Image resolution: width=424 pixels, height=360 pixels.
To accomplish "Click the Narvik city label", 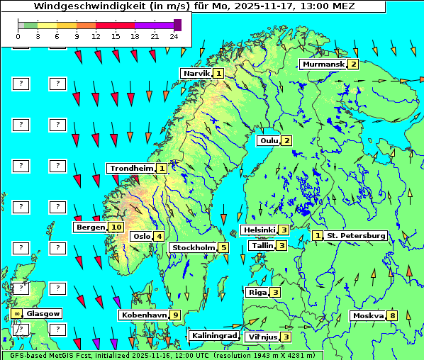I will [196, 73].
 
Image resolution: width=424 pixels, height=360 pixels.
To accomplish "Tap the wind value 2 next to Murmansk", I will [352, 64].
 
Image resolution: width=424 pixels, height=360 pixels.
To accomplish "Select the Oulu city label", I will [269, 140].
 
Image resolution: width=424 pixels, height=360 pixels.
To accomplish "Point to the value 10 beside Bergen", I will [116, 227].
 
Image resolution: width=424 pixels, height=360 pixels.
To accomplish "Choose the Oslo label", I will [141, 236].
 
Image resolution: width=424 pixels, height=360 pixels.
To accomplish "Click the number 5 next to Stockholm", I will [223, 247].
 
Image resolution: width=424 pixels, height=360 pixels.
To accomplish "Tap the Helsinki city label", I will [259, 230].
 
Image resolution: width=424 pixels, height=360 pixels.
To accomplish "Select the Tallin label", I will [262, 245].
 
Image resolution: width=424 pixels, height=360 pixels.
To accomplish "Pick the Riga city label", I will [256, 292].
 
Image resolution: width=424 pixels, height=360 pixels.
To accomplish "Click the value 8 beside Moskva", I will [392, 315].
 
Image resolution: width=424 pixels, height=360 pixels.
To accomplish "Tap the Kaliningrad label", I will [213, 335].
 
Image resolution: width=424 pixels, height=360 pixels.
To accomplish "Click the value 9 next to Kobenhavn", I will [175, 315].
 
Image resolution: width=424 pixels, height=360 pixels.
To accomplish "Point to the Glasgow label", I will [43, 313].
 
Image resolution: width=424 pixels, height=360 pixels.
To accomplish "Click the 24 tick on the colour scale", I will [174, 35].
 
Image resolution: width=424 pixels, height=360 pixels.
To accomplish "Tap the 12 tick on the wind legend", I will [96, 35].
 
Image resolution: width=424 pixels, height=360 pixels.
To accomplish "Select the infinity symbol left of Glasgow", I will [16, 313].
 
